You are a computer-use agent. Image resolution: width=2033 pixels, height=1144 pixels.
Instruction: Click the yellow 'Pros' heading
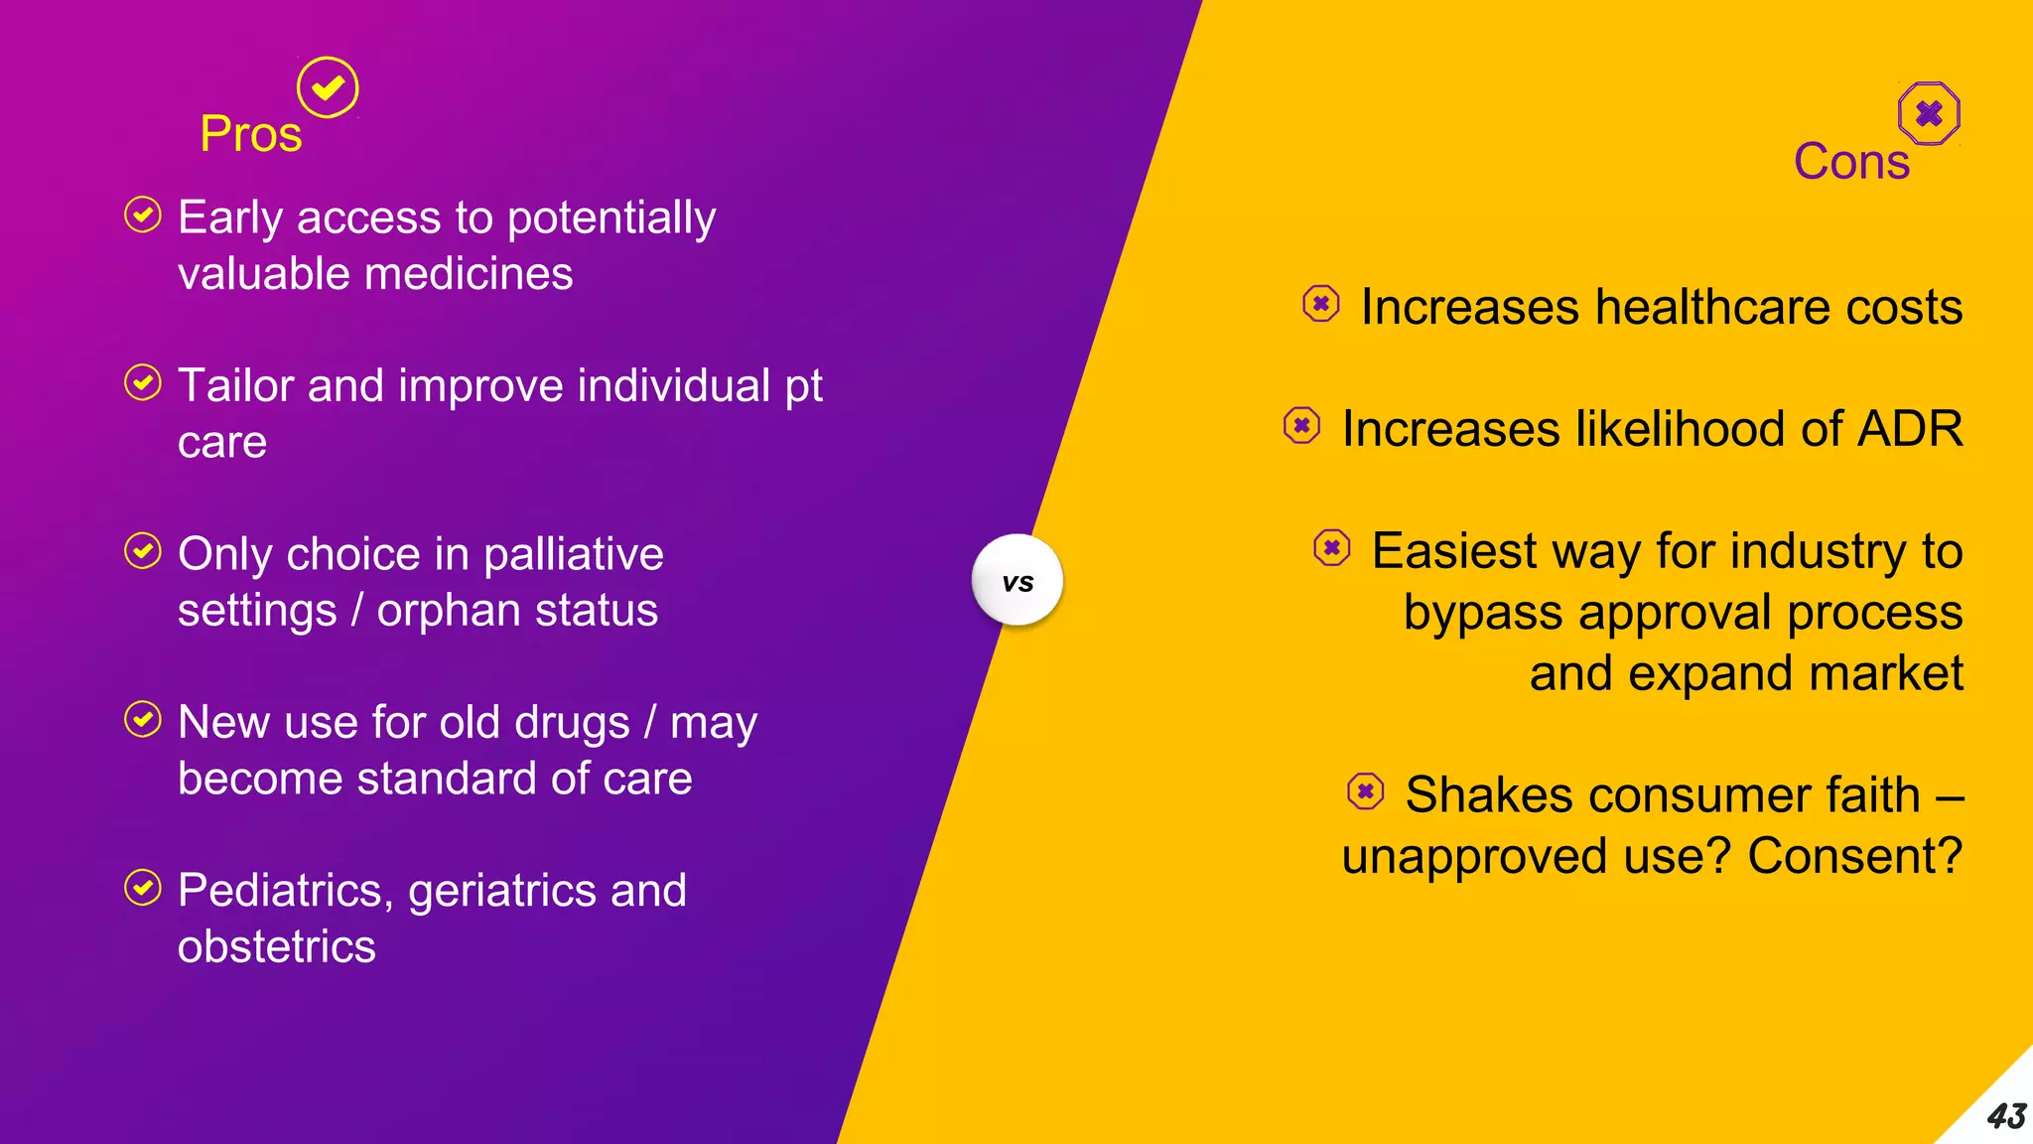[x=250, y=134]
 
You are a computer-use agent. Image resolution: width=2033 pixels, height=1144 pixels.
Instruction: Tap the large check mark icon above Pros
[x=328, y=87]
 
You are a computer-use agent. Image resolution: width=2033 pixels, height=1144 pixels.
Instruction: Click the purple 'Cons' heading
[x=1851, y=161]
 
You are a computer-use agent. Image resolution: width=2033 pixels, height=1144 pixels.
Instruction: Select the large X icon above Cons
[x=1929, y=113]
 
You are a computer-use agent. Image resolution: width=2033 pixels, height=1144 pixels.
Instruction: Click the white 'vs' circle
[x=1017, y=581]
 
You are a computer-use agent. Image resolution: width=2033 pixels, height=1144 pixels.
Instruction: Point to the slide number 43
[x=2005, y=1116]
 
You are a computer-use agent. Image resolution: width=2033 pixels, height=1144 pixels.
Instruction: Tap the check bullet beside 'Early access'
[x=143, y=214]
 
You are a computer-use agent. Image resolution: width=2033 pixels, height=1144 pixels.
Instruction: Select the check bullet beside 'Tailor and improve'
[x=143, y=382]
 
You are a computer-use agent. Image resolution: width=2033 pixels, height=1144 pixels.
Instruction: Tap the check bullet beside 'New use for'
[x=143, y=719]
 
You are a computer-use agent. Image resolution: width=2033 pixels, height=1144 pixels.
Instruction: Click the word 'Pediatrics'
[x=280, y=891]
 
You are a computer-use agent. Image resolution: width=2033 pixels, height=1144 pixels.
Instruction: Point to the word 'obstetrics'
[x=277, y=946]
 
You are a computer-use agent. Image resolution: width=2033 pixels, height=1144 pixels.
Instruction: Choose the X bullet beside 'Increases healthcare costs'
[x=1321, y=304]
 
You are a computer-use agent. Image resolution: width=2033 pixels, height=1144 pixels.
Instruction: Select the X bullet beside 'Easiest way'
[x=1332, y=547]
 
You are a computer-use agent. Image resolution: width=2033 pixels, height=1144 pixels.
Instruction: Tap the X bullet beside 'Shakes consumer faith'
[x=1366, y=791]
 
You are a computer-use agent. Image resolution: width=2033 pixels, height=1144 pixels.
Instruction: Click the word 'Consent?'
[x=1854, y=856]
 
